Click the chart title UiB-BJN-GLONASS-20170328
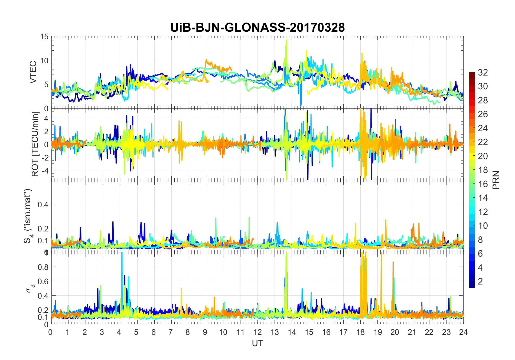(257, 28)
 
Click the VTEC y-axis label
(33, 72)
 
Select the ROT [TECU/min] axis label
(35, 144)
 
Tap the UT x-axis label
(257, 343)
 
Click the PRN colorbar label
(496, 180)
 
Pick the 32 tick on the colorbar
(483, 73)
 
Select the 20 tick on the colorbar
(483, 156)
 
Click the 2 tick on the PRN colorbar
(480, 282)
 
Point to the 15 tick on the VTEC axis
(44, 37)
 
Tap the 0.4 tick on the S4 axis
(43, 205)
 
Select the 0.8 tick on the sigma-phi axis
(43, 267)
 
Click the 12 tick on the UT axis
(257, 332)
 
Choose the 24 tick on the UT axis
(463, 332)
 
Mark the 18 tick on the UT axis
(360, 332)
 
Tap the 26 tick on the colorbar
(483, 114)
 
